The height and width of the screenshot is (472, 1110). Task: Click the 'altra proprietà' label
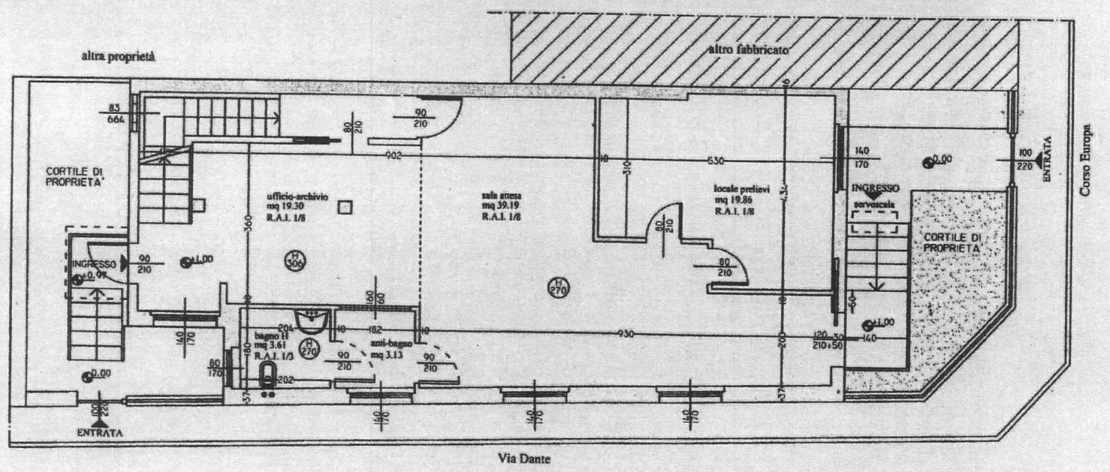point(118,57)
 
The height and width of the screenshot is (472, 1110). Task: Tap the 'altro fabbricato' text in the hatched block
point(748,50)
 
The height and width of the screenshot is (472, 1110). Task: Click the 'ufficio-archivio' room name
point(297,197)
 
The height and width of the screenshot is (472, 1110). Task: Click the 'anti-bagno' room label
point(391,344)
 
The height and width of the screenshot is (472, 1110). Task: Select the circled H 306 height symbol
point(295,261)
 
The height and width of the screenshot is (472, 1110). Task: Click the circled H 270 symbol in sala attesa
point(559,287)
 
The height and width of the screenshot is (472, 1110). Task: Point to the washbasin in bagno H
point(313,321)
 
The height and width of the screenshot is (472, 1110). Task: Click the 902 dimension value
point(394,156)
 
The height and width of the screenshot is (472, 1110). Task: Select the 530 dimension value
point(716,160)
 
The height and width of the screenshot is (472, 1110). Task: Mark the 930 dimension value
point(625,335)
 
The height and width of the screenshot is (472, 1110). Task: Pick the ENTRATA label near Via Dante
point(99,433)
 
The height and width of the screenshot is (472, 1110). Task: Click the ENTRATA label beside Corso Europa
point(1046,158)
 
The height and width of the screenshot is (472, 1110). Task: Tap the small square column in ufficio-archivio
point(343,208)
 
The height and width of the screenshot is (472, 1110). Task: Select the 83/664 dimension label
point(116,114)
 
